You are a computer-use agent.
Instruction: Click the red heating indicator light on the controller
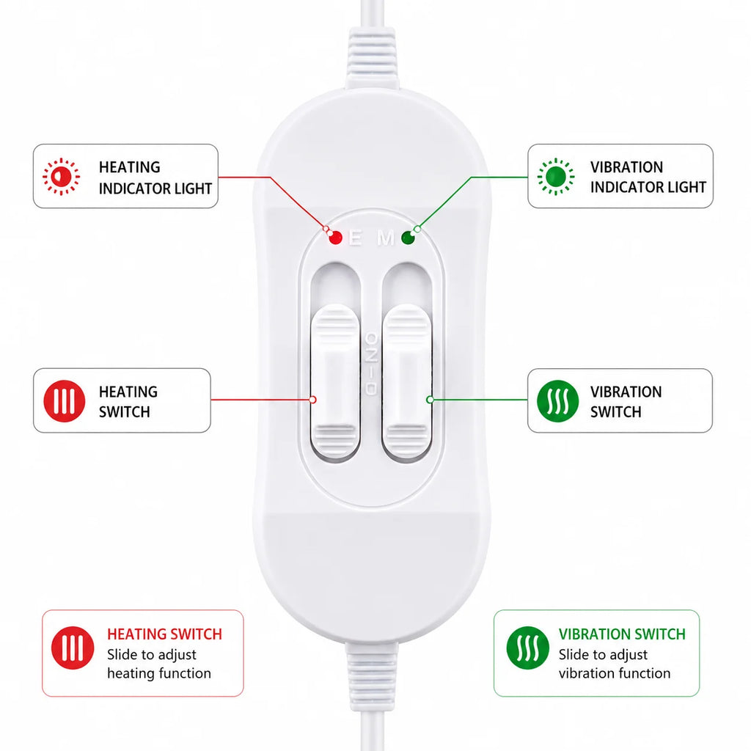tap(335, 238)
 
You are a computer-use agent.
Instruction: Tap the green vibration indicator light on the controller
tap(408, 238)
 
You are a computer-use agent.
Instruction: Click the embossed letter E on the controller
tap(356, 238)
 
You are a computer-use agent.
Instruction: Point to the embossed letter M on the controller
tap(386, 238)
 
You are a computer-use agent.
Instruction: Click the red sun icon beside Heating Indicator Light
tap(62, 177)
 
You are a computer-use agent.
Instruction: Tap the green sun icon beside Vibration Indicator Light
tap(556, 177)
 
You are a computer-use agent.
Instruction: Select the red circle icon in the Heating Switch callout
tap(65, 401)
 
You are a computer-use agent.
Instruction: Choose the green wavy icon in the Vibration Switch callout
tap(557, 401)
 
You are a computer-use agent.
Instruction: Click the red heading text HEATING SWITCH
tap(165, 634)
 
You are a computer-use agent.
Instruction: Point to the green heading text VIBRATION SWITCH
tap(622, 634)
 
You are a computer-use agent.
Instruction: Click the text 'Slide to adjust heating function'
tap(159, 664)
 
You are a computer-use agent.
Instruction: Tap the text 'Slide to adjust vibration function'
tap(615, 664)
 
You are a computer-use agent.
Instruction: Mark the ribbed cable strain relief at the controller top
tap(372, 59)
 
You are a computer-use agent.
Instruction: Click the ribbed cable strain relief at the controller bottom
tap(372, 676)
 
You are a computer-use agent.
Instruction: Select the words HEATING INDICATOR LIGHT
tap(155, 177)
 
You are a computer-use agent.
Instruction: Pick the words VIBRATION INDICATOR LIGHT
tap(648, 177)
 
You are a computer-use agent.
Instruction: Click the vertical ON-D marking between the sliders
tap(370, 364)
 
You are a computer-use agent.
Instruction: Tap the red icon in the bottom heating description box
tap(73, 648)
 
